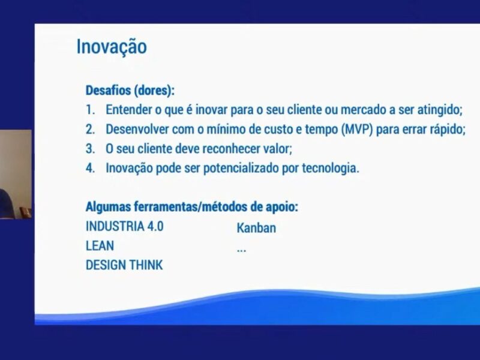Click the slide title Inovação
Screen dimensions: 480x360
[x=112, y=47]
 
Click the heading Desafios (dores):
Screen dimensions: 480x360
[x=130, y=91]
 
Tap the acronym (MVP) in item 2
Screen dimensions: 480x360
[x=357, y=129]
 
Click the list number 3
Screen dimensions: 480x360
[x=91, y=149]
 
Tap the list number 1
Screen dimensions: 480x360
[x=90, y=110]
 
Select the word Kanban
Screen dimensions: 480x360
[x=256, y=228]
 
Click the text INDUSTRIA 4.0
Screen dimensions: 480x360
[x=125, y=226]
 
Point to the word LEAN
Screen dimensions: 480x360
[x=100, y=245]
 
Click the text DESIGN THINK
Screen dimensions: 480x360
[x=124, y=265]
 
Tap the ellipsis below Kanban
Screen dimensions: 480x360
[x=241, y=251]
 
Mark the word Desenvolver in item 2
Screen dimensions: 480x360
[x=137, y=129]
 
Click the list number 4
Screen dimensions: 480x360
[x=91, y=168]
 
